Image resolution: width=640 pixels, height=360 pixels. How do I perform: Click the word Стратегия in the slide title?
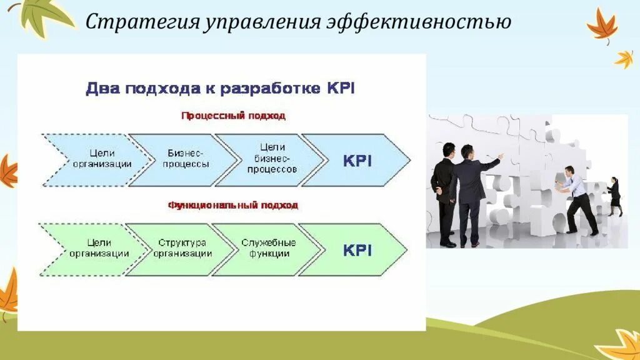pos(141,22)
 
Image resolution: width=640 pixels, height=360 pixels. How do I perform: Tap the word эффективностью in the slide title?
pos(419,22)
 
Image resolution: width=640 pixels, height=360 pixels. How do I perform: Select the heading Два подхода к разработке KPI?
pos(220,88)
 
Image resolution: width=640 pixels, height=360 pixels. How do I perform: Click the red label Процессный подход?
pos(233,116)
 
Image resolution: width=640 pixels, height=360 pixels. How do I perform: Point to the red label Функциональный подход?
pos(232,204)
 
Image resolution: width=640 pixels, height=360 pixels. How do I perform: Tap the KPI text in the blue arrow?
pos(357,160)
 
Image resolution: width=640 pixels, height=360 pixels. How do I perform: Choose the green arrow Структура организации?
pos(182,249)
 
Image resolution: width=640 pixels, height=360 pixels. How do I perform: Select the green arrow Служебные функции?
pos(269,249)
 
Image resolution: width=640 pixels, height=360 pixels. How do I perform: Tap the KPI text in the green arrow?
pos(357,250)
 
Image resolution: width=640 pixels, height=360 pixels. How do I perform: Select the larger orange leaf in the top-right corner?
pos(601,26)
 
